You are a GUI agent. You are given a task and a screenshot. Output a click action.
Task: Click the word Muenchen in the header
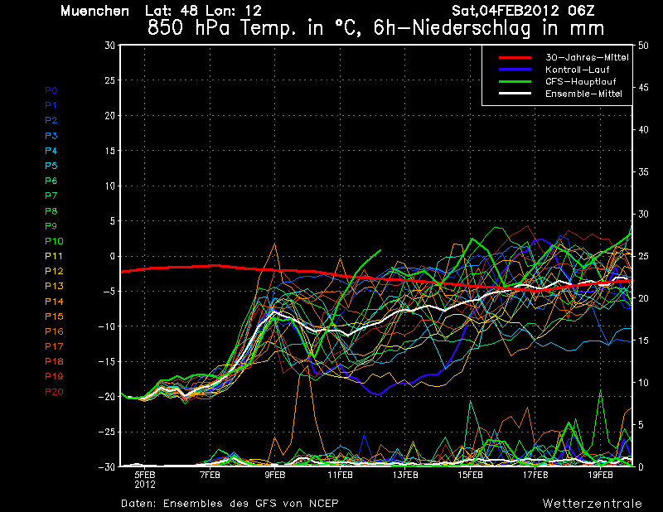pos(95,11)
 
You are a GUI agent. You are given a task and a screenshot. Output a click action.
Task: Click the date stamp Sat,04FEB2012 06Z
pos(523,11)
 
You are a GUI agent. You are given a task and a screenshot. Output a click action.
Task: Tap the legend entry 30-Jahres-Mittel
pos(586,57)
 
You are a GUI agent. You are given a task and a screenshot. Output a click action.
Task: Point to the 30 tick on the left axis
pos(109,45)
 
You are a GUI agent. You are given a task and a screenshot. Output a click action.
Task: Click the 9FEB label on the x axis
pos(275,475)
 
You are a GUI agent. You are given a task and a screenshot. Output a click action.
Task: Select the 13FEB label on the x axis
pos(405,475)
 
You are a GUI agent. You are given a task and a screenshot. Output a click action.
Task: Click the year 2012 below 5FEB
pos(145,484)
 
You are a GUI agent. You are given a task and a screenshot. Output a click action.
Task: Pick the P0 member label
pos(51,90)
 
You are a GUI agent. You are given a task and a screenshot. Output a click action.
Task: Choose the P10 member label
pos(54,241)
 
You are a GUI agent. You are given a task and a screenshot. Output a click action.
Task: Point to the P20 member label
pos(54,392)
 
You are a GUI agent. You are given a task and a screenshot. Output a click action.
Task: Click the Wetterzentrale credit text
pos(592,503)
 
